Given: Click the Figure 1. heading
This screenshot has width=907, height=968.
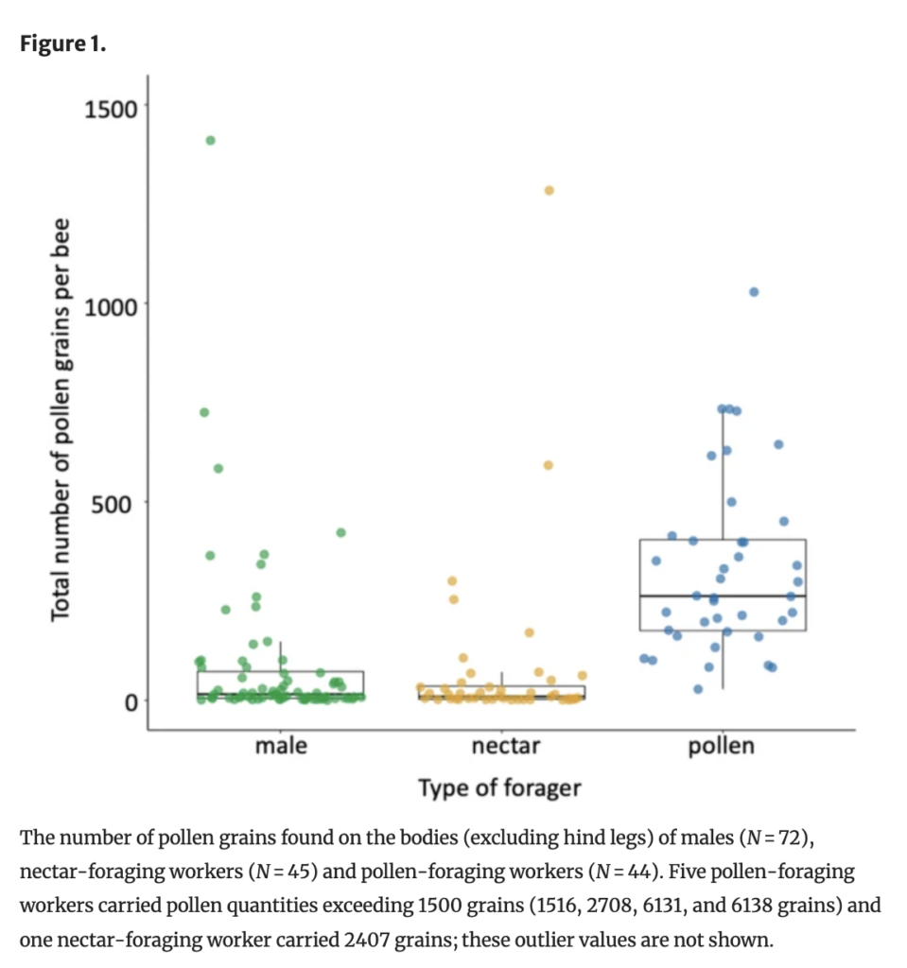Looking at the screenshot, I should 62,45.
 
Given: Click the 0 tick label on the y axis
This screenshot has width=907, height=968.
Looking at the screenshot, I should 131,700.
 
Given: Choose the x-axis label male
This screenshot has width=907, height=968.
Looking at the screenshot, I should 281,746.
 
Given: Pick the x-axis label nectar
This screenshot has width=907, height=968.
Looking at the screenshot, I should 505,746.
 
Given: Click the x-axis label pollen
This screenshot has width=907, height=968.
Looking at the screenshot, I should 723,746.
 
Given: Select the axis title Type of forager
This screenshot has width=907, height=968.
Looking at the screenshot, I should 499,787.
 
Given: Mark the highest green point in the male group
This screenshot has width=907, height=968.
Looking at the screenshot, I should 210,140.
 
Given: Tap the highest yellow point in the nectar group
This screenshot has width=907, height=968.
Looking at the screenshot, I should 549,190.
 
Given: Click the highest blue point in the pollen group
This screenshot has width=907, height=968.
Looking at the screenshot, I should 754,291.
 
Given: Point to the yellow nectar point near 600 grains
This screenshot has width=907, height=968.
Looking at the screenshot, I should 548,465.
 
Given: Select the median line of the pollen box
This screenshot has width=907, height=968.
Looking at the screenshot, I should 723,596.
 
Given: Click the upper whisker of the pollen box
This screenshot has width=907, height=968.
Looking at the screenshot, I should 723,473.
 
